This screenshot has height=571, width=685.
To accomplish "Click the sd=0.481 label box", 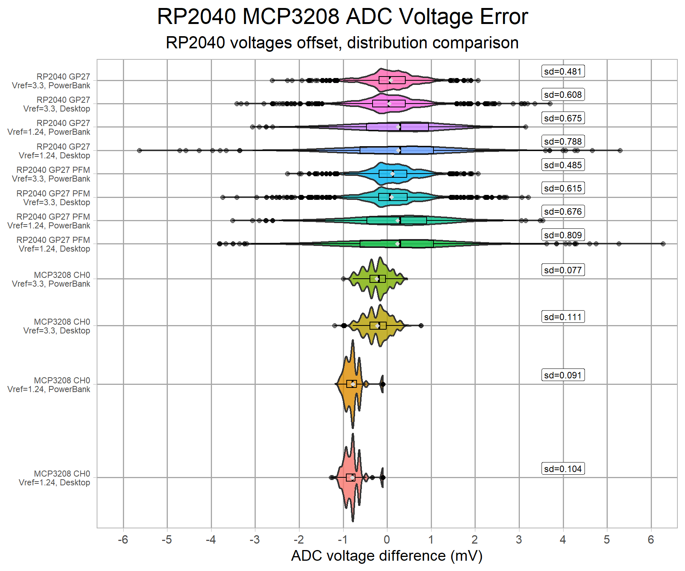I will click(x=563, y=71).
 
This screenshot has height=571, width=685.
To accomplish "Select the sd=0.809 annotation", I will click(x=563, y=235).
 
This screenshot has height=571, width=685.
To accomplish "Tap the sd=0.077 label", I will click(x=563, y=270).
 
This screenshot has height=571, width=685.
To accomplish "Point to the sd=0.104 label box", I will click(x=563, y=469).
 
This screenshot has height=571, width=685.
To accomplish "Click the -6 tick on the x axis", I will click(x=123, y=539).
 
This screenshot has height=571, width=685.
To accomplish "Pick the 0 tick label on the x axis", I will click(x=387, y=539).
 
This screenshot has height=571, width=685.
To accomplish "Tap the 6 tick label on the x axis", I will click(x=651, y=539).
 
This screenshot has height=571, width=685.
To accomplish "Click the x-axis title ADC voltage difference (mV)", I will click(x=387, y=556).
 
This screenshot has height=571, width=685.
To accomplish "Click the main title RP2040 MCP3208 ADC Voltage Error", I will click(x=342, y=17).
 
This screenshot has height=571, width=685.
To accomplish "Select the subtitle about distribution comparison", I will click(x=342, y=43).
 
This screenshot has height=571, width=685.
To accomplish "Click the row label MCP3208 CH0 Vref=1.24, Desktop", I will click(x=54, y=478).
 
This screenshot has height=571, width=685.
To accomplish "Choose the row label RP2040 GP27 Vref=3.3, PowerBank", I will click(x=51, y=81).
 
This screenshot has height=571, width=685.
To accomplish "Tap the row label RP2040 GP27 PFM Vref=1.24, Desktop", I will click(x=53, y=244).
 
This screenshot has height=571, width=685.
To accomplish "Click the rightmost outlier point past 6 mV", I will click(x=663, y=244).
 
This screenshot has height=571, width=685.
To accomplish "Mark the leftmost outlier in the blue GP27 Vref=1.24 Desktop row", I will click(x=139, y=150).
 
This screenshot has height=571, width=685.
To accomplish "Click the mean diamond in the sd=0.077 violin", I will click(x=376, y=279).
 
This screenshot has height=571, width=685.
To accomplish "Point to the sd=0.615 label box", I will click(x=563, y=188).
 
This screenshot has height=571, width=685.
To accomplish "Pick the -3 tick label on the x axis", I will click(x=255, y=539).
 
